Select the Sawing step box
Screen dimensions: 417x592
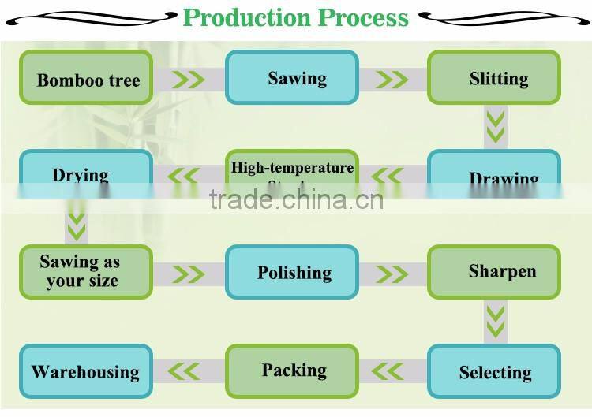tap(292, 77)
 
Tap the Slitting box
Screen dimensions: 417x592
tap(494, 77)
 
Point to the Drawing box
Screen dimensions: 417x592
tap(494, 175)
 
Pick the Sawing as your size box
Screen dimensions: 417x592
tap(85, 271)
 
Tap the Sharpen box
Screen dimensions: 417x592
tap(494, 272)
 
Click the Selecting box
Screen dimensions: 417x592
tap(494, 371)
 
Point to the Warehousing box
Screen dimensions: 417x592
tap(85, 370)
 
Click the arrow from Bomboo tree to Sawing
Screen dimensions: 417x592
tap(189, 80)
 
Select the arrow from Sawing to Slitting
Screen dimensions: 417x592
tap(392, 80)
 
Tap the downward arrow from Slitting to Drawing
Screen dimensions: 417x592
tap(495, 127)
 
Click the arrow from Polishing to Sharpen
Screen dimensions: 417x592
tap(392, 274)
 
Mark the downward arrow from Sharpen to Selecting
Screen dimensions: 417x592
tap(495, 320)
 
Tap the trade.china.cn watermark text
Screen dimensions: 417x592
tap(296, 199)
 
